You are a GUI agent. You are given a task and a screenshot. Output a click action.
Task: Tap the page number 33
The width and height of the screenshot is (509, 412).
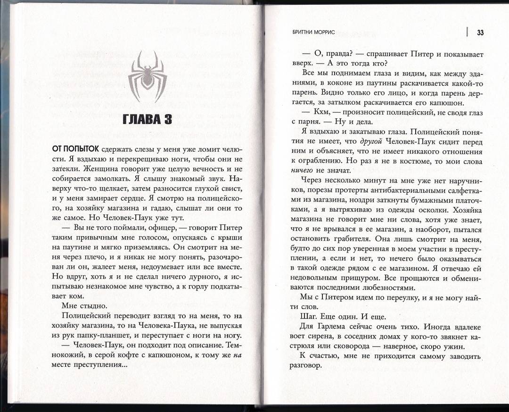point(481,33)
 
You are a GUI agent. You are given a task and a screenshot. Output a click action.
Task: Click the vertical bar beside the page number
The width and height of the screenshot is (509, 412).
point(467,32)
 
